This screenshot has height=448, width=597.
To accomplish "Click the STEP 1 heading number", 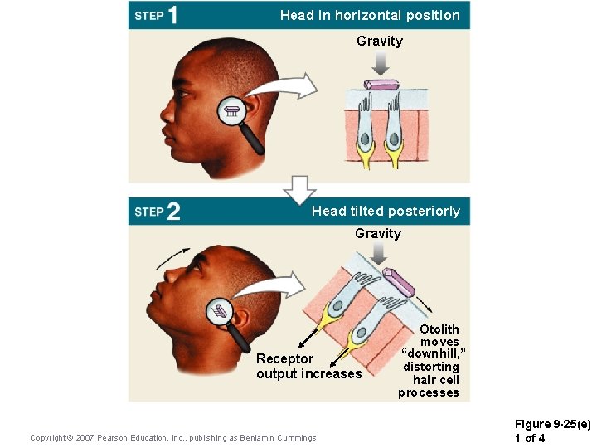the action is click(172, 16).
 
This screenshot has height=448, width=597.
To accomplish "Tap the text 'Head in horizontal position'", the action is click(370, 15).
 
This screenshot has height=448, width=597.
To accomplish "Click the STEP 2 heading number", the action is click(172, 212).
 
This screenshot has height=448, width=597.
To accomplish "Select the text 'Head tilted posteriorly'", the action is click(386, 211).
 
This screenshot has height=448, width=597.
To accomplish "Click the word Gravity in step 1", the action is click(380, 41).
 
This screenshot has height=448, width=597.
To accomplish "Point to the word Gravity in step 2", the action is click(378, 233).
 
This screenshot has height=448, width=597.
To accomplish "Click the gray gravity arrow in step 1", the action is click(380, 62).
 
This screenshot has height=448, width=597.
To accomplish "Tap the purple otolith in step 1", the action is click(382, 84).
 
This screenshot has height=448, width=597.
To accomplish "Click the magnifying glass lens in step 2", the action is click(220, 312).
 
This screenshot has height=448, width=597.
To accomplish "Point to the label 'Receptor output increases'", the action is click(308, 366).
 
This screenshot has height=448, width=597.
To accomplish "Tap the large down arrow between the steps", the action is click(299, 190).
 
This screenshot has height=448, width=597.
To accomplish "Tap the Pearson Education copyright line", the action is click(172, 437).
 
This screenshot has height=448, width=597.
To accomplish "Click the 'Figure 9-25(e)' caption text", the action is click(553, 425).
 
